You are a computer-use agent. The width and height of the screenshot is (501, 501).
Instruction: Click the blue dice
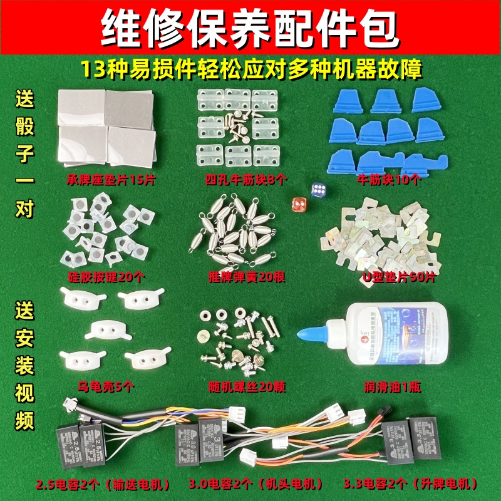click(x=318, y=190)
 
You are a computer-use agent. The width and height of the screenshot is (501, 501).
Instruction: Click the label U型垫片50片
click(x=388, y=276)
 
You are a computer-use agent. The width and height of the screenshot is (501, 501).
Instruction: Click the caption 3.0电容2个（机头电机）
click(x=256, y=484)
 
